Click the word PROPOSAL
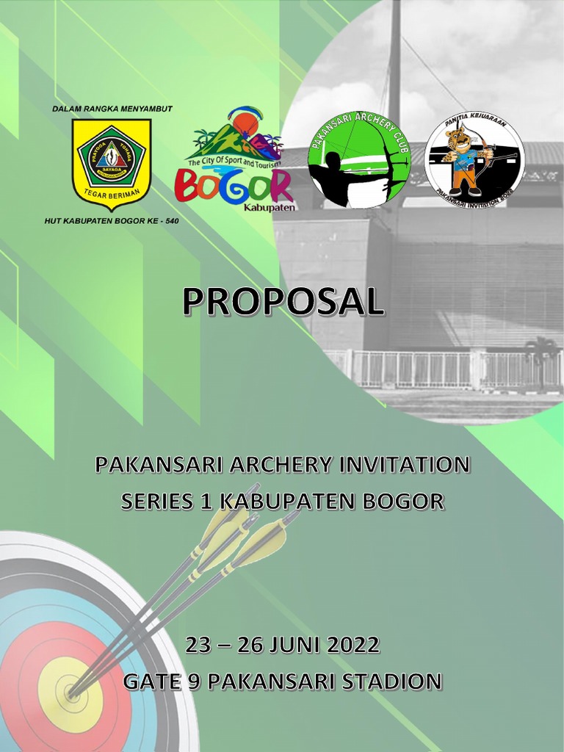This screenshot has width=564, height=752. (282, 302)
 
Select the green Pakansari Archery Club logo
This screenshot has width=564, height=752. (359, 159)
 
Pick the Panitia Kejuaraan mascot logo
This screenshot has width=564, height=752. (474, 160)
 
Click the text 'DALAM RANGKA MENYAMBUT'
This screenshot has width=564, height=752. (112, 109)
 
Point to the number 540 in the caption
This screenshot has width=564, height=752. (170, 220)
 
